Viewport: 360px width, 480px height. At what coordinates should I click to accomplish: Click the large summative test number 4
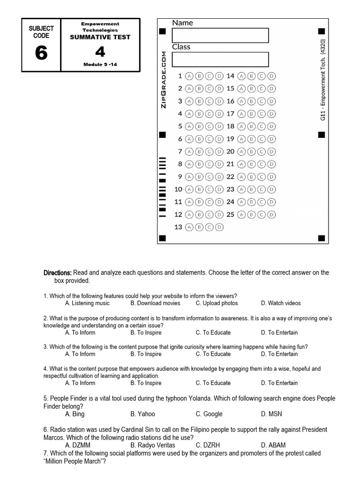(100, 52)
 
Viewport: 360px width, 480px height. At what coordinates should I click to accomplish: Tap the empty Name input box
(220, 36)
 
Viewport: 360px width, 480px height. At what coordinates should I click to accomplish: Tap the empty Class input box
(220, 60)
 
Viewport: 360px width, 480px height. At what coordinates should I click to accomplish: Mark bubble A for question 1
(189, 76)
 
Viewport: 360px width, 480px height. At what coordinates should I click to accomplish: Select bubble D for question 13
(218, 227)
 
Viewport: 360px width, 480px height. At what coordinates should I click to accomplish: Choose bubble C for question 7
(209, 151)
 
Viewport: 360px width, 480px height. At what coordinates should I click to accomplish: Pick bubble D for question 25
(271, 215)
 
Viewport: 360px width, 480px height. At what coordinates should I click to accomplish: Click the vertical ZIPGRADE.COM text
(164, 79)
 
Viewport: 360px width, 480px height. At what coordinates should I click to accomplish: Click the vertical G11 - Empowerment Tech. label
(323, 80)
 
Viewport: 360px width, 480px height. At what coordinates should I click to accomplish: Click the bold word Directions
(58, 273)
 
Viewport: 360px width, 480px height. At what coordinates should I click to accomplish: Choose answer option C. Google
(209, 414)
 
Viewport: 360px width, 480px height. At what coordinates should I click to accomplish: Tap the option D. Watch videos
(281, 303)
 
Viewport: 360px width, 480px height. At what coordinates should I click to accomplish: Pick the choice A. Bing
(75, 414)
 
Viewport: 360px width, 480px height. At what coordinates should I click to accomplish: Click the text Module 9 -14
(100, 65)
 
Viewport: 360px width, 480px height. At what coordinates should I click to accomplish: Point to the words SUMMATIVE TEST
(100, 37)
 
